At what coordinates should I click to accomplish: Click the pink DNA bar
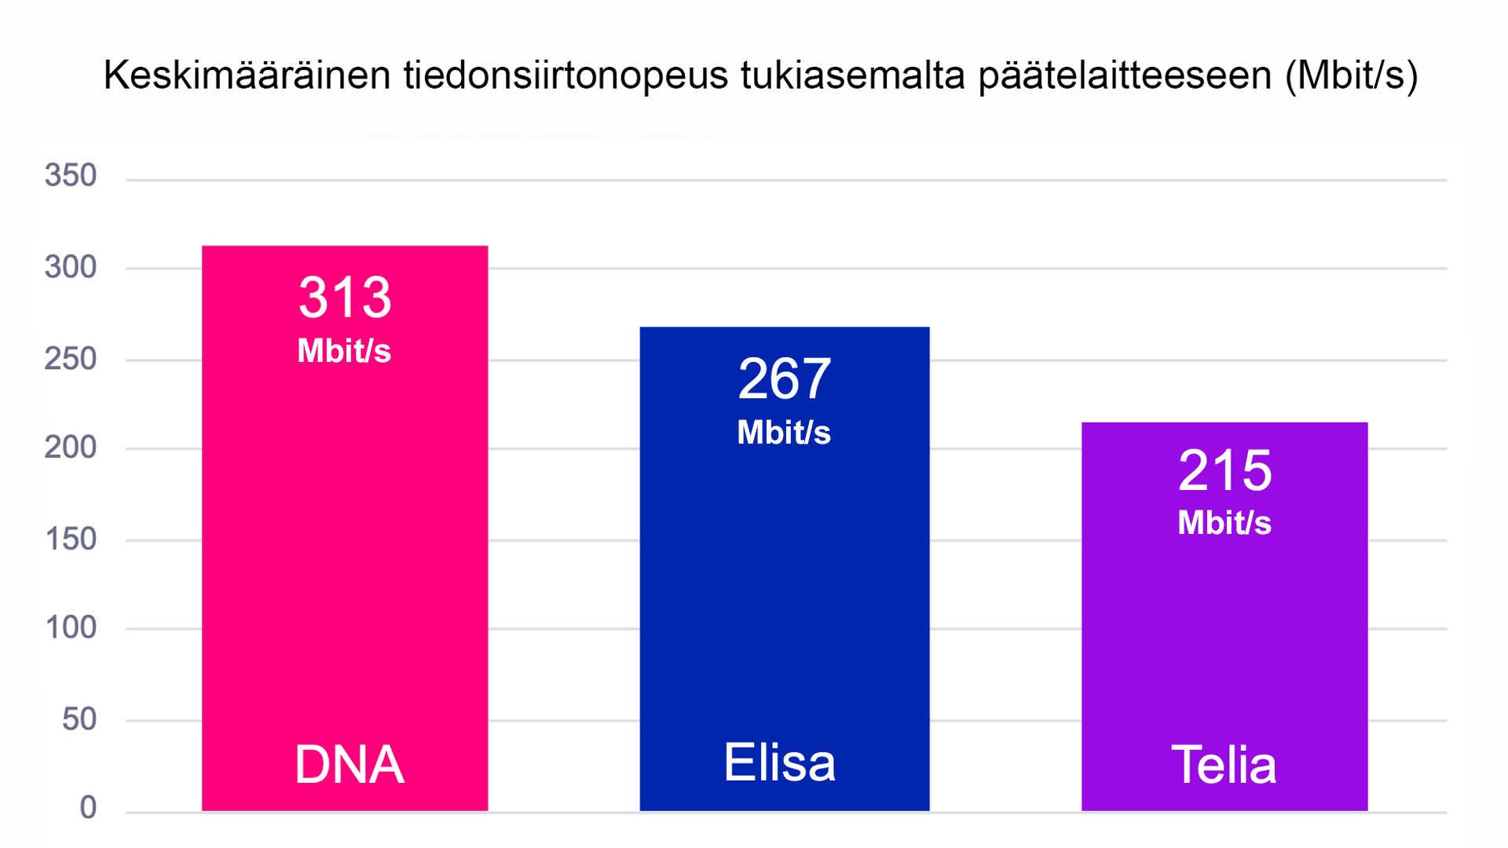(345, 550)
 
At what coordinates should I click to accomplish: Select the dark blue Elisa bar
(784, 589)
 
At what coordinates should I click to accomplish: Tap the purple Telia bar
(1224, 628)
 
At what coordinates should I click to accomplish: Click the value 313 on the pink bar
(345, 298)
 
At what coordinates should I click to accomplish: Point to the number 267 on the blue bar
(784, 379)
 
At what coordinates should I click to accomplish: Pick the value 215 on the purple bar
(1224, 471)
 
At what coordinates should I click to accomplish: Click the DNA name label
(350, 764)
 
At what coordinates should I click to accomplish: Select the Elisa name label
(779, 762)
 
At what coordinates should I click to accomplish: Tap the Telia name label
(1224, 764)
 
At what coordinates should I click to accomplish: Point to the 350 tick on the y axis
(71, 175)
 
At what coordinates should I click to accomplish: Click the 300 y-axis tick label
(71, 267)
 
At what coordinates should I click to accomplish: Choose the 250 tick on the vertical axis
(71, 359)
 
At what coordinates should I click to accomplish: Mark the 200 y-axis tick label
(71, 448)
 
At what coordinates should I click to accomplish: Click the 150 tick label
(71, 539)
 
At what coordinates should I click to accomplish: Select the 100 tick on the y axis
(71, 627)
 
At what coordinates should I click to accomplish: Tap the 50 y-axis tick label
(79, 719)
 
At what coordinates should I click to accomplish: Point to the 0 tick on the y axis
(88, 807)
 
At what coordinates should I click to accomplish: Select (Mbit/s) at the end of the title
(1351, 76)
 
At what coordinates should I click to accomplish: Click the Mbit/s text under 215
(1224, 523)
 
